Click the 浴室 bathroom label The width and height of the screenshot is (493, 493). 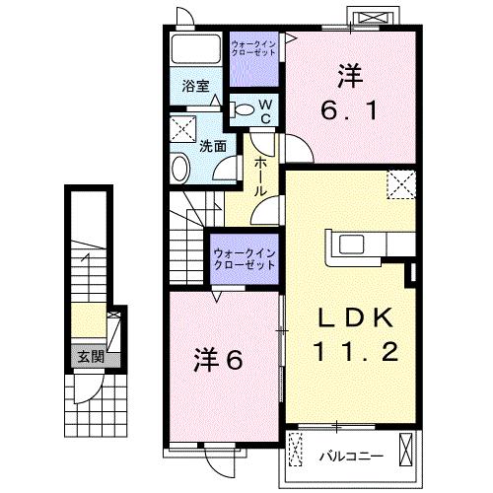point(196,86)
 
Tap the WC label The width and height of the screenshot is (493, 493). point(265,111)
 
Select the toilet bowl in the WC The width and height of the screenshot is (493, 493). point(242,109)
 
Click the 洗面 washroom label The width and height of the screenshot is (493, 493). point(213,146)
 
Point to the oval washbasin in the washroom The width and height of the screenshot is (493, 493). point(180,168)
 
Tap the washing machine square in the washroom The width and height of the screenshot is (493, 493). point(183,129)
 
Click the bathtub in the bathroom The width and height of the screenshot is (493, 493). point(196,49)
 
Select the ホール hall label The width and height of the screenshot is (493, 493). point(259,176)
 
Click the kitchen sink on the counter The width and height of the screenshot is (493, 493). point(351,245)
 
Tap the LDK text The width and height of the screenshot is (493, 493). point(355,317)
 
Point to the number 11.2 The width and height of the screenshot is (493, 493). point(356,351)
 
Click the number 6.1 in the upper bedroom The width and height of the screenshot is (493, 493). point(349,110)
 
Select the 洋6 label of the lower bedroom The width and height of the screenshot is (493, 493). point(218,360)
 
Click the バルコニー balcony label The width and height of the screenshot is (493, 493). point(351,457)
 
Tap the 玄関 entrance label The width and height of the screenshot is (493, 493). point(91,356)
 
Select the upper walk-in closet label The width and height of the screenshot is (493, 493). point(253,48)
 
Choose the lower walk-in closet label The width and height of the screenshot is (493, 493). point(244,259)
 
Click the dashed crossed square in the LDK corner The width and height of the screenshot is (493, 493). point(401,184)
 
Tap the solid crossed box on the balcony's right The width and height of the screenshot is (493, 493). point(405,450)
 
